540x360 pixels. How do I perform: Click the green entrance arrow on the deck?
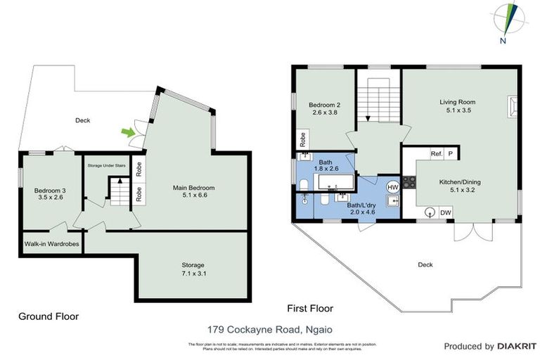127,131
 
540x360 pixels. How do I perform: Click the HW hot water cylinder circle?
393,186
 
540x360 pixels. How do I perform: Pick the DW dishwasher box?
445,212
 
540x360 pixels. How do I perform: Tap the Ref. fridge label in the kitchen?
436,153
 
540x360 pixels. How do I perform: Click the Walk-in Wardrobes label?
51,245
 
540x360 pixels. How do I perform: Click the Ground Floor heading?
49,317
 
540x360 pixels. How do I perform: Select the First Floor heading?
311,309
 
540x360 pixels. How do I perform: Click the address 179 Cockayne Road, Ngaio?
270,328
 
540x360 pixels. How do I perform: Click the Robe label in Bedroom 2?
302,138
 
